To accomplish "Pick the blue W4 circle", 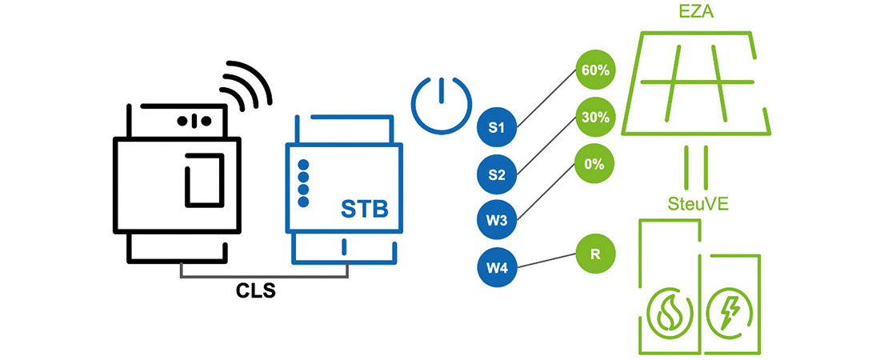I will [497, 266].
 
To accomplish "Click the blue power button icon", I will [438, 105].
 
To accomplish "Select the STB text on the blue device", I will [364, 210].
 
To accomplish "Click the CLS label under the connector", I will [256, 290].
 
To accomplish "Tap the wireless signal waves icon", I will [246, 82].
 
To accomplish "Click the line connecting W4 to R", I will [546, 261].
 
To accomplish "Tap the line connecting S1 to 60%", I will [546, 98].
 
